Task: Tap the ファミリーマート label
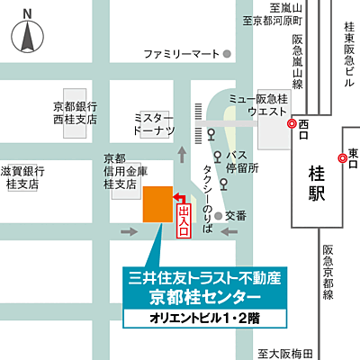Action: coord(181,54)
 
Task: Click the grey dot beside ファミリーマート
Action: coord(228,54)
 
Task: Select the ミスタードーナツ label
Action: coord(153,124)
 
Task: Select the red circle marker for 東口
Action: coord(342,159)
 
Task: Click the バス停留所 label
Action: coord(242,161)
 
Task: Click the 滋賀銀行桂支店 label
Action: coord(22,176)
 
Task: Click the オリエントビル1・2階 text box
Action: coord(204,319)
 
